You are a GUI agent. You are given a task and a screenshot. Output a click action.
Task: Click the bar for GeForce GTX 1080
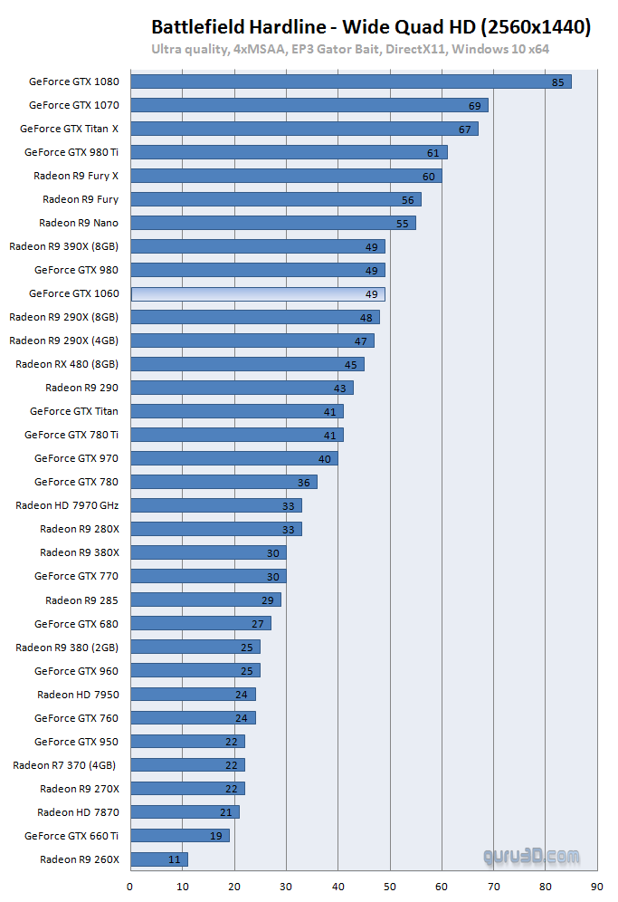click(x=351, y=82)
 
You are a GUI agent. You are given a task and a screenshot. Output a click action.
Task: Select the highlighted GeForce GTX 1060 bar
click(x=258, y=293)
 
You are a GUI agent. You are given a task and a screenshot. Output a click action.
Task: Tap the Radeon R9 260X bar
click(x=159, y=859)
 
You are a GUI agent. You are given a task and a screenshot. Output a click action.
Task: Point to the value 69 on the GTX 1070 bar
click(x=475, y=106)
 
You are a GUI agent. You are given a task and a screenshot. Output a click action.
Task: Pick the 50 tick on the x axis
click(x=390, y=887)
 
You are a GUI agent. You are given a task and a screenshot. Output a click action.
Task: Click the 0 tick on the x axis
click(x=130, y=887)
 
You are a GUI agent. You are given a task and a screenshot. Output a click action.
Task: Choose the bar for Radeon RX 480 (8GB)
click(x=247, y=364)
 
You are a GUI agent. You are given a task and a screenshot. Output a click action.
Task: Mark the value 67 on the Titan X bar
click(x=465, y=130)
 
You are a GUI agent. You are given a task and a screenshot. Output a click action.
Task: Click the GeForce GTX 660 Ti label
click(x=71, y=835)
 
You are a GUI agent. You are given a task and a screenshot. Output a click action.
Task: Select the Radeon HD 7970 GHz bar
click(x=216, y=505)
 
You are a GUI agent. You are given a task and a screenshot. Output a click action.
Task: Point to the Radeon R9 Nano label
click(x=79, y=223)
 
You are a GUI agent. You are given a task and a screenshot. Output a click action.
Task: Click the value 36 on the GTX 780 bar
click(x=304, y=483)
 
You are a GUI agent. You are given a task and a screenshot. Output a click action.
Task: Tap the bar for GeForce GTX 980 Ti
click(x=289, y=152)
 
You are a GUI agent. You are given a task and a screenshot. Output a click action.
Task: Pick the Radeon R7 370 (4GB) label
click(x=65, y=764)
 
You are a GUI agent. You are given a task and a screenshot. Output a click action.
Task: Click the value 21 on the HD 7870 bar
click(x=226, y=812)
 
